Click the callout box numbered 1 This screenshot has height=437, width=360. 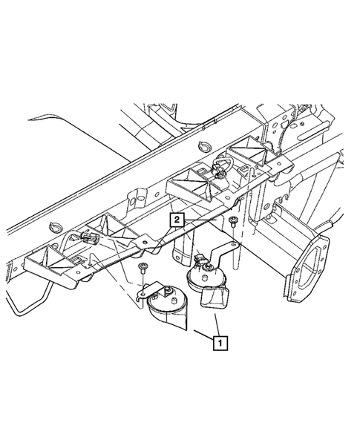coord(220,343)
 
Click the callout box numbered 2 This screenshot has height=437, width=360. coord(177,220)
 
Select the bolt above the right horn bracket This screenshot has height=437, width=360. coord(232,222)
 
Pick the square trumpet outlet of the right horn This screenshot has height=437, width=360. coord(215,299)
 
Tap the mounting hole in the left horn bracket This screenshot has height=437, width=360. coord(143,295)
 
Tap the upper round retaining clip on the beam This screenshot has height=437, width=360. coord(203,146)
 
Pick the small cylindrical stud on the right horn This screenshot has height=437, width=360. coord(205,278)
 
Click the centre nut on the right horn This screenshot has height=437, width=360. coord(209,268)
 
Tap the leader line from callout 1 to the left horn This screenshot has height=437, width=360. coord(204,335)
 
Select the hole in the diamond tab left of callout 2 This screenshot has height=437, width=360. coord(145,242)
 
